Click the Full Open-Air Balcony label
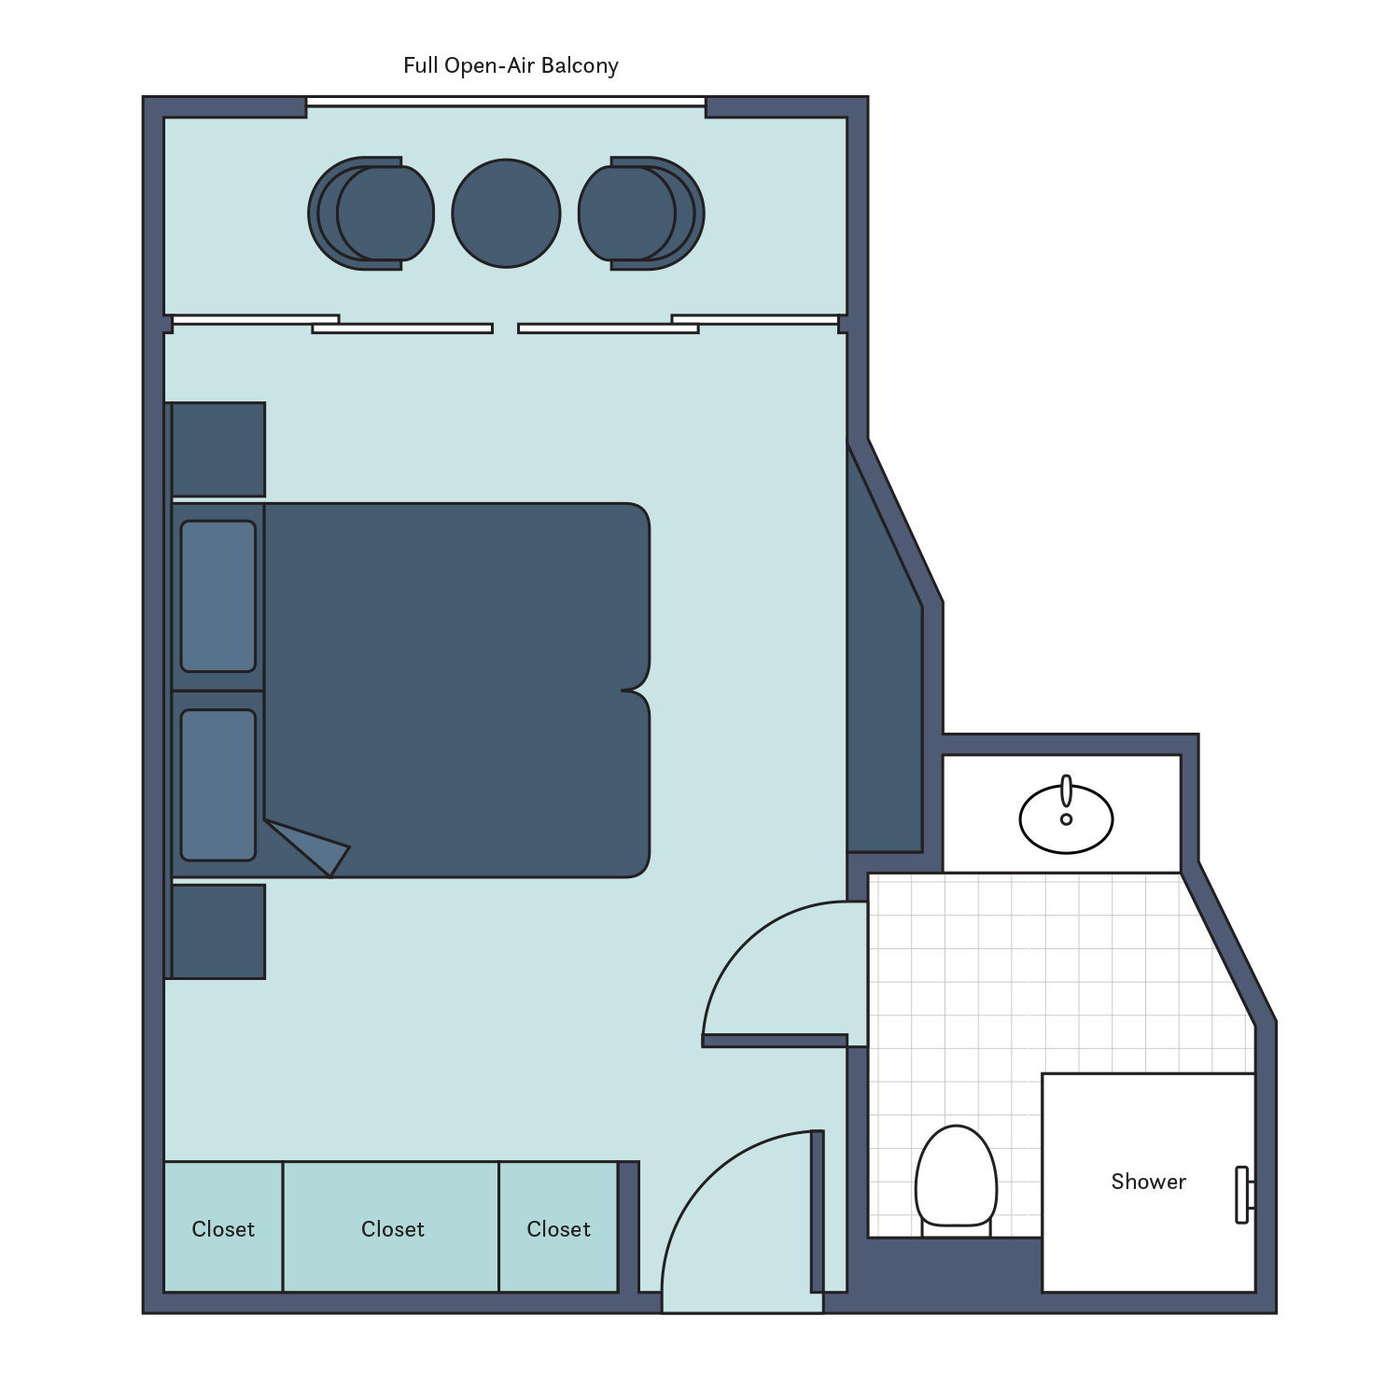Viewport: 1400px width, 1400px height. (x=511, y=65)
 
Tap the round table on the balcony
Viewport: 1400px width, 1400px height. (x=506, y=214)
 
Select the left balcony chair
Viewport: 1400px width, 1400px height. (x=371, y=214)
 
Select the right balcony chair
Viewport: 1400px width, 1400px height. (x=642, y=214)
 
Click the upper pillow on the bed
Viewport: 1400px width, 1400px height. (x=218, y=596)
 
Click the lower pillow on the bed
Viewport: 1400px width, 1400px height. (x=218, y=785)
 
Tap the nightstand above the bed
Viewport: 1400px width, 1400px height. (x=218, y=450)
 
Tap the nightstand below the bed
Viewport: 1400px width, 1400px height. (x=218, y=931)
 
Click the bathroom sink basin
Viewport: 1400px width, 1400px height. (x=1066, y=819)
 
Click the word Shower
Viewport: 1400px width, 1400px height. (x=1148, y=1182)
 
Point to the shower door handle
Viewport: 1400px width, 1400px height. (x=1242, y=1195)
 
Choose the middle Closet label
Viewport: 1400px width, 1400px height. (x=392, y=1229)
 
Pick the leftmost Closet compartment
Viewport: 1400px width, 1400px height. (x=223, y=1227)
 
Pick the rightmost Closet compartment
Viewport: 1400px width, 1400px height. (x=558, y=1227)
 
